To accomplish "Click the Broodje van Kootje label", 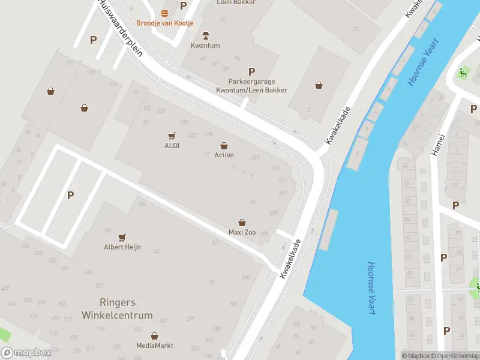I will tap(164, 23).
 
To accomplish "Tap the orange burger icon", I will tap(164, 13).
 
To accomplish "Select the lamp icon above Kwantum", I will tap(206, 35).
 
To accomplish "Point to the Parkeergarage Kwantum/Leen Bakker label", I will tap(251, 86).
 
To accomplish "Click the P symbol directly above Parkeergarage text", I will tap(251, 71).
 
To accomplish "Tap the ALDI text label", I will tap(172, 145).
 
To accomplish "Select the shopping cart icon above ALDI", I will tap(172, 136).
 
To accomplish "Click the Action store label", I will tap(224, 155).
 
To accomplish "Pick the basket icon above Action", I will tap(224, 145).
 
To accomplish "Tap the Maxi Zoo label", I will tap(242, 232).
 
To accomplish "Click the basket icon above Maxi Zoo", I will tap(242, 223).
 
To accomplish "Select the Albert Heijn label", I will tap(122, 247).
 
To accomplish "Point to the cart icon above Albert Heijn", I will tap(122, 238).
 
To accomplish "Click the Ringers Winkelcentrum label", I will tap(126, 308).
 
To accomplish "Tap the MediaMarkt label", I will tap(154, 346).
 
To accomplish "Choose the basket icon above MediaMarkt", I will tap(154, 336).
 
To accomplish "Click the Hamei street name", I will tap(437, 145).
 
